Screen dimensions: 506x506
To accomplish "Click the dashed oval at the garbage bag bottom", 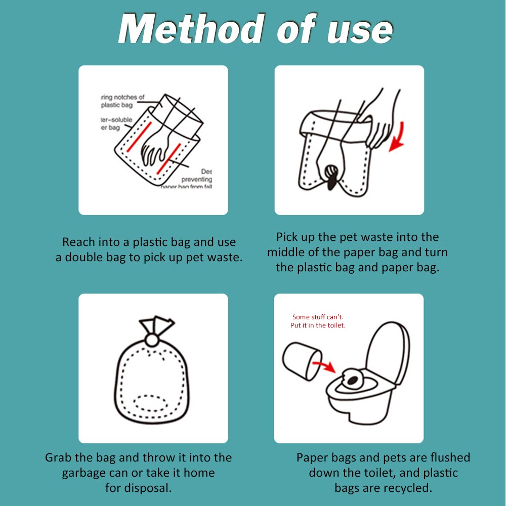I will coord(148,403).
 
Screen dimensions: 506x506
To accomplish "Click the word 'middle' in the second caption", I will coord(288,252).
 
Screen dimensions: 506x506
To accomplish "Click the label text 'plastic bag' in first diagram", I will coord(117,105).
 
